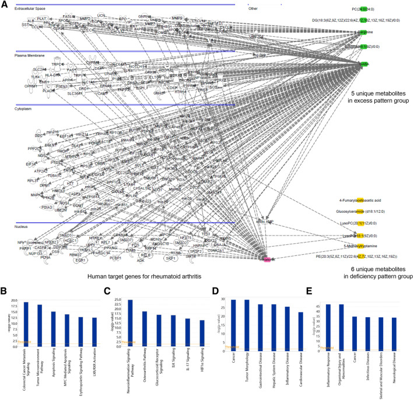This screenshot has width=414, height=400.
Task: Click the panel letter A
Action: (5, 5)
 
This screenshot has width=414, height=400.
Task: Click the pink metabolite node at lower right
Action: (268, 243)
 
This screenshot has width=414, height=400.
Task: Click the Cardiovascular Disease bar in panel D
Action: (300, 331)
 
